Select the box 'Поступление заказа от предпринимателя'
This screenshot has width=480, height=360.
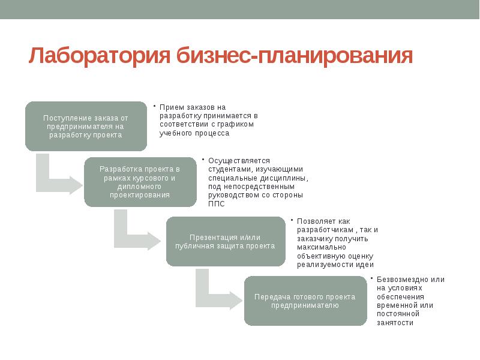(x=86, y=126)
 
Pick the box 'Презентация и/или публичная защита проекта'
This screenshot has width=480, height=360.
(x=225, y=241)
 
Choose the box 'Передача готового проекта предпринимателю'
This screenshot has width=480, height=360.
(x=305, y=301)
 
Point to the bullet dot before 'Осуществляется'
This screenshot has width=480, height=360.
(x=203, y=159)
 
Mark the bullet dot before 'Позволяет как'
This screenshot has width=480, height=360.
(x=291, y=220)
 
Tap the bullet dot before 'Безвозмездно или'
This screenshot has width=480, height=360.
(x=371, y=278)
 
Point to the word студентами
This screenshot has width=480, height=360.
(x=228, y=169)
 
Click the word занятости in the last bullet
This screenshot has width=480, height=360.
(x=395, y=323)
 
